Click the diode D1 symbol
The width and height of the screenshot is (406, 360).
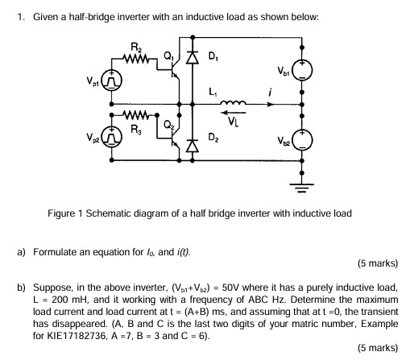pyautogui.click(x=191, y=59)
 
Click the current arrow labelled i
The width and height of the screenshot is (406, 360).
pyautogui.click(x=272, y=102)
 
